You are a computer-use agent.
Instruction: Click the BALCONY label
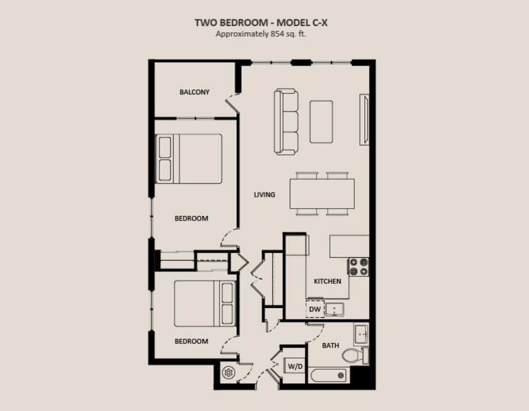point(194,92)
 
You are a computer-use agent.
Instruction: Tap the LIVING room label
point(265,194)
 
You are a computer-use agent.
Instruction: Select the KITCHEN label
point(327,281)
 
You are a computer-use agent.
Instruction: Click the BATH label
point(330,345)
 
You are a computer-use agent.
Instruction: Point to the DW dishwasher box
point(315,309)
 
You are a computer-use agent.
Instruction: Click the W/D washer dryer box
point(295,366)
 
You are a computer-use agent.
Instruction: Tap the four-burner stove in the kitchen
point(358,267)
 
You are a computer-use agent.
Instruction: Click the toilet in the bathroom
point(355,356)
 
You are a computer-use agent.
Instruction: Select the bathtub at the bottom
point(329,375)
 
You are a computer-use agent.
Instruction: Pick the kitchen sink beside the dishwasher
point(335,309)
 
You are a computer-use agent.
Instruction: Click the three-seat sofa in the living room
point(286,122)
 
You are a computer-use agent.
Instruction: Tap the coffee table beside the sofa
point(321,122)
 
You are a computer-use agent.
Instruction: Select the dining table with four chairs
point(322,193)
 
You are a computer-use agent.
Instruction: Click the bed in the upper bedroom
point(188,159)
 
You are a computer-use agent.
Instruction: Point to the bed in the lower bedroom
point(205,304)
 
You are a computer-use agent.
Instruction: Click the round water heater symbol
point(229,373)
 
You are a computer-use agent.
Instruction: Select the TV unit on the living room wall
point(364,120)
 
